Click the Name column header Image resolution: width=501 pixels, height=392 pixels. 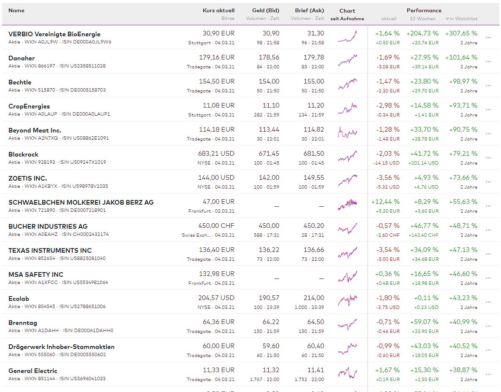click(x=16, y=10)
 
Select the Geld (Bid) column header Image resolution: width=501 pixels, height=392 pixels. click(x=265, y=10)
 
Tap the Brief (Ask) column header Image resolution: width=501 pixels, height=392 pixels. click(x=310, y=10)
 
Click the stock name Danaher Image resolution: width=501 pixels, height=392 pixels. click(x=22, y=58)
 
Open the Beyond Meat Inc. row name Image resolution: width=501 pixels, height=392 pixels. click(x=35, y=130)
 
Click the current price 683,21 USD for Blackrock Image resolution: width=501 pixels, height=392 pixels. click(x=216, y=154)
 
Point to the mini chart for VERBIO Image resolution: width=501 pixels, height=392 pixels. click(x=347, y=37)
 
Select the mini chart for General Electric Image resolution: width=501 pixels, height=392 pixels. click(x=347, y=373)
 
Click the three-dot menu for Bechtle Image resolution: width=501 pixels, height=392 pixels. click(x=488, y=86)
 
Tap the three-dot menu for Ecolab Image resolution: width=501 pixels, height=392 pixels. click(x=488, y=302)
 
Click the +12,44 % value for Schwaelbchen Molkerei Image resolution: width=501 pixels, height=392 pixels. click(x=385, y=202)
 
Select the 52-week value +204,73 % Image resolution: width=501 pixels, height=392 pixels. click(x=422, y=33)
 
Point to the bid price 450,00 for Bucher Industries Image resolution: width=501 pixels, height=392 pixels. click(x=269, y=226)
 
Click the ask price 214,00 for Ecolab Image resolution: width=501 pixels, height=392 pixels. click(x=314, y=298)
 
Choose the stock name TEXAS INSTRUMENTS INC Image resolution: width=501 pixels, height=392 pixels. click(x=50, y=251)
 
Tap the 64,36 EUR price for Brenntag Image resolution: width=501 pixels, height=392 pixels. click(x=218, y=322)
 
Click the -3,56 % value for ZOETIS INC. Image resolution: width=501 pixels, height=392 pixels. click(x=388, y=178)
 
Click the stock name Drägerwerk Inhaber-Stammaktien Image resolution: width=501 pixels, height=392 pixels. click(x=61, y=347)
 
